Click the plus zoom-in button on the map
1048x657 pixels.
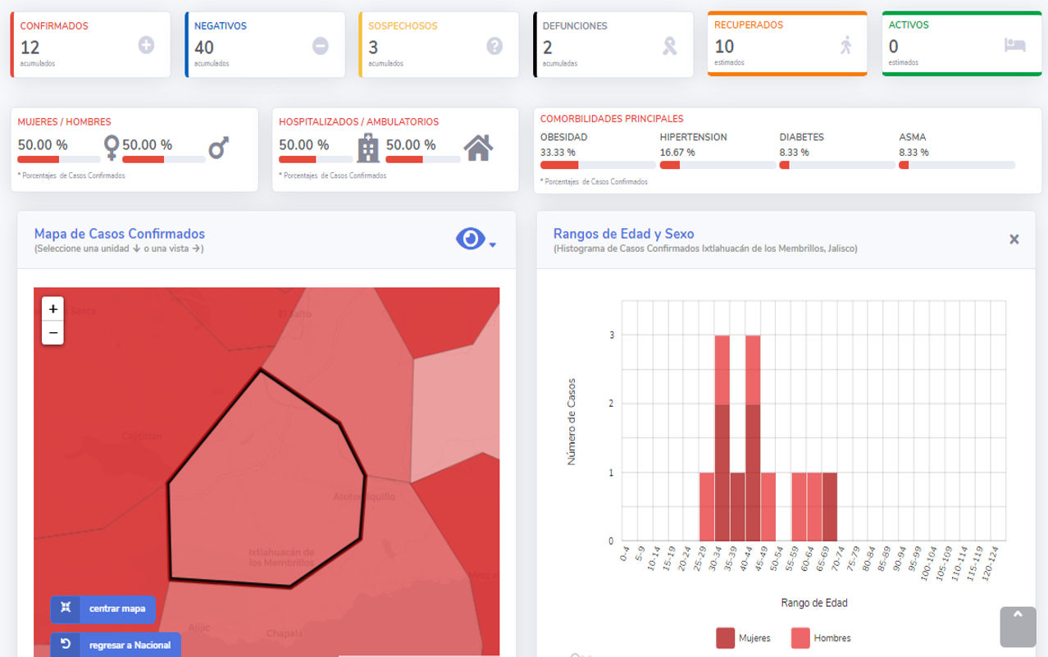(x=53, y=309)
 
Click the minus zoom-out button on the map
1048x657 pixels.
(x=53, y=333)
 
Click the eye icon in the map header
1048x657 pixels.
(x=471, y=239)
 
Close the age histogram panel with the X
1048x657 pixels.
(x=1014, y=240)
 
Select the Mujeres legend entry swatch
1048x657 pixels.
(x=726, y=638)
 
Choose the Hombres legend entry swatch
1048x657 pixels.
(x=800, y=638)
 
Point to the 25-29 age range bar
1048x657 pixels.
(x=707, y=507)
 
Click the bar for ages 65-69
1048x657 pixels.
(x=830, y=507)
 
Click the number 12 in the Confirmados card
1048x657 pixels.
(x=30, y=48)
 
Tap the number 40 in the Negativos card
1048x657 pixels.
(x=204, y=48)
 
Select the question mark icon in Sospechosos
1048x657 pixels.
(x=494, y=46)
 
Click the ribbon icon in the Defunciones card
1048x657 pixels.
(x=670, y=46)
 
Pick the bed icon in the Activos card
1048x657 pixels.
(x=1015, y=45)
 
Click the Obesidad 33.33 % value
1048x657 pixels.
(x=558, y=153)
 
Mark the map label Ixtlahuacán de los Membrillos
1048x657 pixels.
(x=281, y=558)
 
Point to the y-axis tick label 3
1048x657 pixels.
(x=612, y=335)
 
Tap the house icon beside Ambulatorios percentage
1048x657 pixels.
(x=478, y=148)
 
